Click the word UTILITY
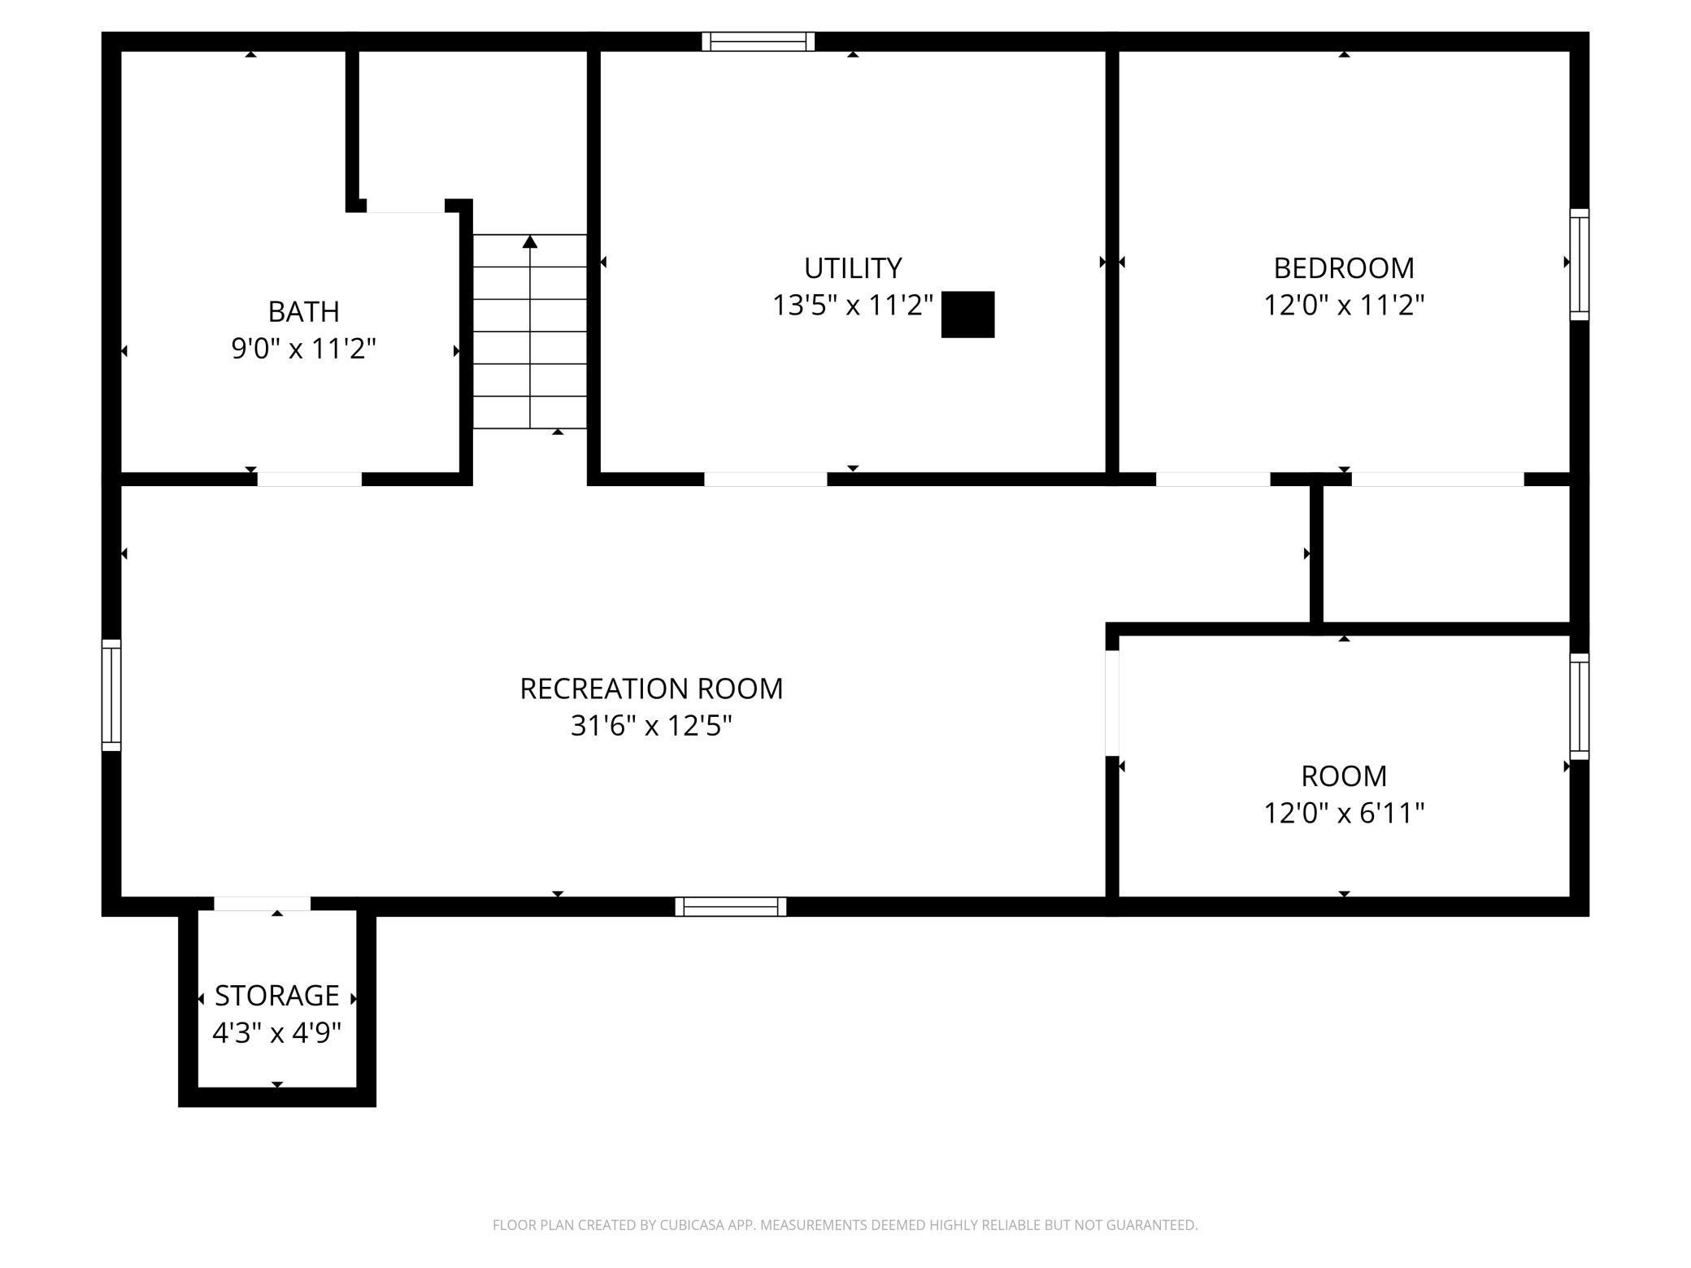[x=852, y=267]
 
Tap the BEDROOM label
[x=1343, y=267]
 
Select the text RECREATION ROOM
[x=650, y=688]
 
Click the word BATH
[x=303, y=311]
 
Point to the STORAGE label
[x=276, y=995]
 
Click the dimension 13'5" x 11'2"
[x=852, y=306]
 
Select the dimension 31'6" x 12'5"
[x=650, y=725]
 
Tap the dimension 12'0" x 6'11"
[x=1343, y=813]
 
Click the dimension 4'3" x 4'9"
[x=276, y=1032]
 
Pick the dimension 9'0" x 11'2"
[x=303, y=349]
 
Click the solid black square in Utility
[x=967, y=314]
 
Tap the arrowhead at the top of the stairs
[x=530, y=241]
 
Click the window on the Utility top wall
[x=758, y=41]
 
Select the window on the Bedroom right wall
[x=1578, y=264]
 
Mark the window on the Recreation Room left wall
[x=111, y=695]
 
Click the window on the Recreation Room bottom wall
[x=730, y=906]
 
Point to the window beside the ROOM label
[x=1578, y=706]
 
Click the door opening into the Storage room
[x=262, y=903]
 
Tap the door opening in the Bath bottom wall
[x=309, y=479]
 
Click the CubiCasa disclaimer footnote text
[x=845, y=1224]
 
